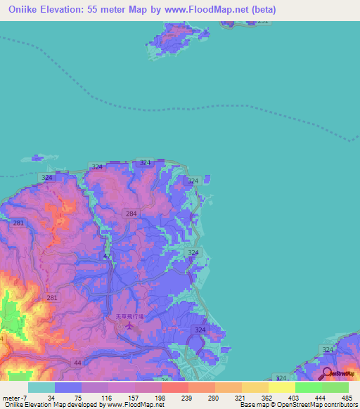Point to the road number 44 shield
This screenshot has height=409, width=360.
(78, 362)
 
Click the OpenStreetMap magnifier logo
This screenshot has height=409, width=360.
(328, 373)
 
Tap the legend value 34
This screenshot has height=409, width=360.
(51, 397)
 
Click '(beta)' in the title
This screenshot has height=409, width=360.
(262, 10)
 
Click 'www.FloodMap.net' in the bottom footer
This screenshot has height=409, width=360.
(134, 405)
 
